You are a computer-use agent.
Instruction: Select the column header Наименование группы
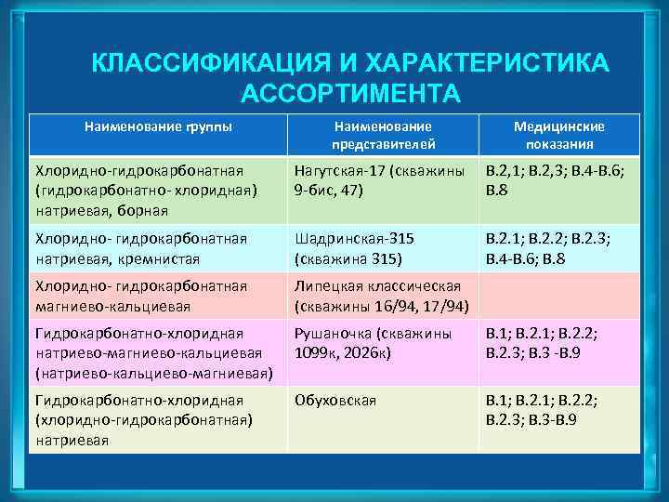(158, 125)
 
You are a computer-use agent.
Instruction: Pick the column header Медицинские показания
(559, 135)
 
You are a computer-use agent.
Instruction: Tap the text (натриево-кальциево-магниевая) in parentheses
(154, 374)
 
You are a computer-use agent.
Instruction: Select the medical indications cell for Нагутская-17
(559, 180)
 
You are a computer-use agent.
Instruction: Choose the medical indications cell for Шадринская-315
(559, 248)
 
